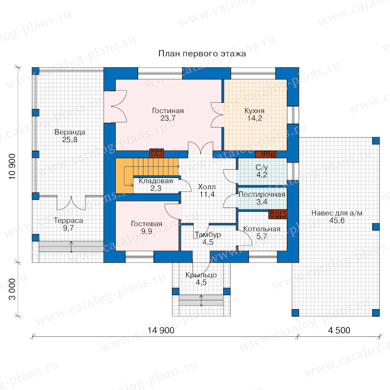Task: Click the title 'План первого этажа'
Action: pyautogui.click(x=202, y=54)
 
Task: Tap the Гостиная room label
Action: pyautogui.click(x=168, y=110)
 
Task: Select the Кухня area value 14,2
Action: pyautogui.click(x=255, y=118)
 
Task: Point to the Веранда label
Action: pyautogui.click(x=70, y=132)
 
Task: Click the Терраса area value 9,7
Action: pyautogui.click(x=68, y=228)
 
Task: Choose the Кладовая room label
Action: pyautogui.click(x=156, y=181)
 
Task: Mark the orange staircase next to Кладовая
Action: pyautogui.click(x=147, y=175)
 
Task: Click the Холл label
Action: pyautogui.click(x=207, y=187)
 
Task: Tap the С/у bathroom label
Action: pyautogui.click(x=262, y=167)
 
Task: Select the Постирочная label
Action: pyautogui.click(x=262, y=195)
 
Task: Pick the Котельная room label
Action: pyautogui.click(x=262, y=229)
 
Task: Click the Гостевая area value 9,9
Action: pyautogui.click(x=146, y=231)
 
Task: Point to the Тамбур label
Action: pyautogui.click(x=208, y=235)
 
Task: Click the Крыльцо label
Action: pyautogui.click(x=201, y=275)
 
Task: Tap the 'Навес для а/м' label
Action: pyautogui.click(x=337, y=213)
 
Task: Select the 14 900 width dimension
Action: pyautogui.click(x=161, y=330)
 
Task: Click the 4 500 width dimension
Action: pyautogui.click(x=339, y=330)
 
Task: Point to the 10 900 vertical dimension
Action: pyautogui.click(x=12, y=166)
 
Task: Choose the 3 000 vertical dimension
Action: pyautogui.click(x=12, y=289)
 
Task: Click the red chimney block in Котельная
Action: pyautogui.click(x=278, y=214)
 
